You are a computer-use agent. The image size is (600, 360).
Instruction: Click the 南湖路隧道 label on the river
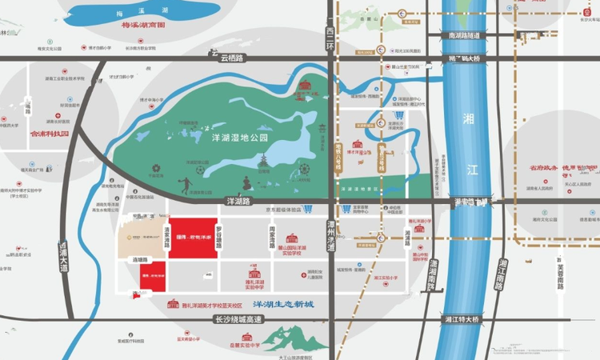463,36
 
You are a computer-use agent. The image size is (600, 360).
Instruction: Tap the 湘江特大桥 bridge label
461,319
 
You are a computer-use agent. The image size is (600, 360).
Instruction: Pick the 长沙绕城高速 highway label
241,318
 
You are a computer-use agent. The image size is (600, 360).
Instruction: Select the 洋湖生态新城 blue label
283,306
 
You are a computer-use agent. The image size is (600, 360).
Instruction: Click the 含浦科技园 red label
50,133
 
